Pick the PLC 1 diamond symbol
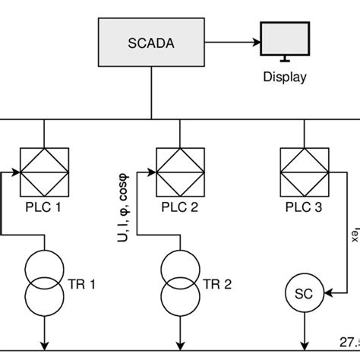pyautogui.click(x=43, y=172)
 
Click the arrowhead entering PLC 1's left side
pyautogui.click(x=13, y=172)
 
